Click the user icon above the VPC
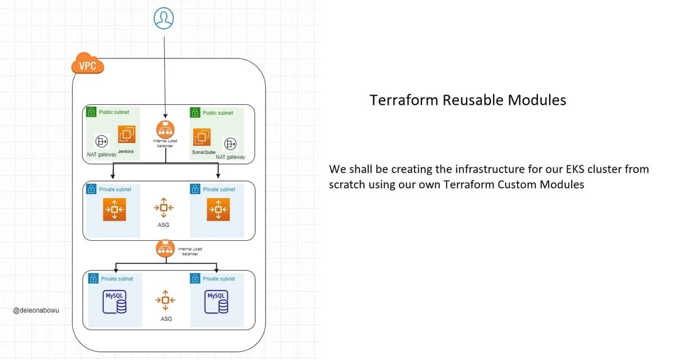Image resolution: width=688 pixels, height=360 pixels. coord(163,18)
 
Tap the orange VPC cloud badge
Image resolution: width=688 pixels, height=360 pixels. coord(88,65)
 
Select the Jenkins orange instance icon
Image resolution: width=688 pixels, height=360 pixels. coord(127,134)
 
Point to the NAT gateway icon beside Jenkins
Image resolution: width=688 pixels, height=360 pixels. coord(102,141)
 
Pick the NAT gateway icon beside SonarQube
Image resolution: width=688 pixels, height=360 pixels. coord(230,143)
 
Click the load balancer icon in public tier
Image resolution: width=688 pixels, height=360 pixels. coord(165,129)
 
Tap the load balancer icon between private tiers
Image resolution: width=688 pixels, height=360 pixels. coord(165,249)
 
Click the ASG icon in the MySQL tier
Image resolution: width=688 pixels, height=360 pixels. coord(165,300)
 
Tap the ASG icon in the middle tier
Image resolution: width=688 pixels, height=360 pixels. coord(164,208)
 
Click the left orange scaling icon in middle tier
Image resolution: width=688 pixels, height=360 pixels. coord(114,209)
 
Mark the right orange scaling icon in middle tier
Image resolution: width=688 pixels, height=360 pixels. coord(218,209)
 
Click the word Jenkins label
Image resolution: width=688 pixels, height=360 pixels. coord(126,151)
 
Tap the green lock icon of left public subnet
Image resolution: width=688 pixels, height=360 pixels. coord(91,113)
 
